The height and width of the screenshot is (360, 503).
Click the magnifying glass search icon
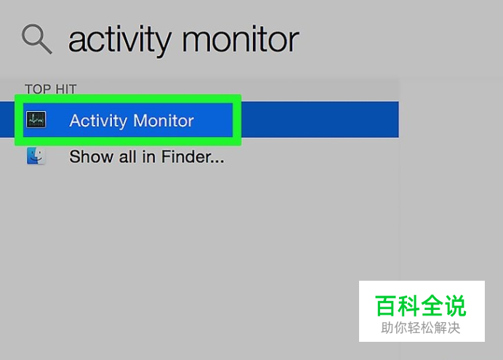pos(36,39)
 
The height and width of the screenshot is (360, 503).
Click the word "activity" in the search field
pos(119,40)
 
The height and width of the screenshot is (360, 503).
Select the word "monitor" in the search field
pos(241,39)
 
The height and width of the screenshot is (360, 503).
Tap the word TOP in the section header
pos(38,89)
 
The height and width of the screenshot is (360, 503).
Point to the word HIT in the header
pos(66,89)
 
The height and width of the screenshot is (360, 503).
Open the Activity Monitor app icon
pos(36,120)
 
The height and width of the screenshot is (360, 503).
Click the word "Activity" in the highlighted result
pos(98,121)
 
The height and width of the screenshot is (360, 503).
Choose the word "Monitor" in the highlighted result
pos(164,121)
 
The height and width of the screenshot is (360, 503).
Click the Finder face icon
pos(36,156)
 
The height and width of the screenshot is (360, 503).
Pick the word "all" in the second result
pos(128,156)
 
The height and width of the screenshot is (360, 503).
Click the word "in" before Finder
pos(149,156)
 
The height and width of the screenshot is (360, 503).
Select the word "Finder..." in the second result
pos(193,156)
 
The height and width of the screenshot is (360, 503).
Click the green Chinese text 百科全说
pos(421,305)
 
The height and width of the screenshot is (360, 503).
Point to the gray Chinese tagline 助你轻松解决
pos(421,328)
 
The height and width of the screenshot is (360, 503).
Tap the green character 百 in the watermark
pos(385,305)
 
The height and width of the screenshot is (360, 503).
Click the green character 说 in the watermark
pos(456,305)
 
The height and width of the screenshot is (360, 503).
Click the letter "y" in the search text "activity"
pos(161,44)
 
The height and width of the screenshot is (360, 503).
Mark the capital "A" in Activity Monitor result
pos(76,121)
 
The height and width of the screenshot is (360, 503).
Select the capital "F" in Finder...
pos(166,156)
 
